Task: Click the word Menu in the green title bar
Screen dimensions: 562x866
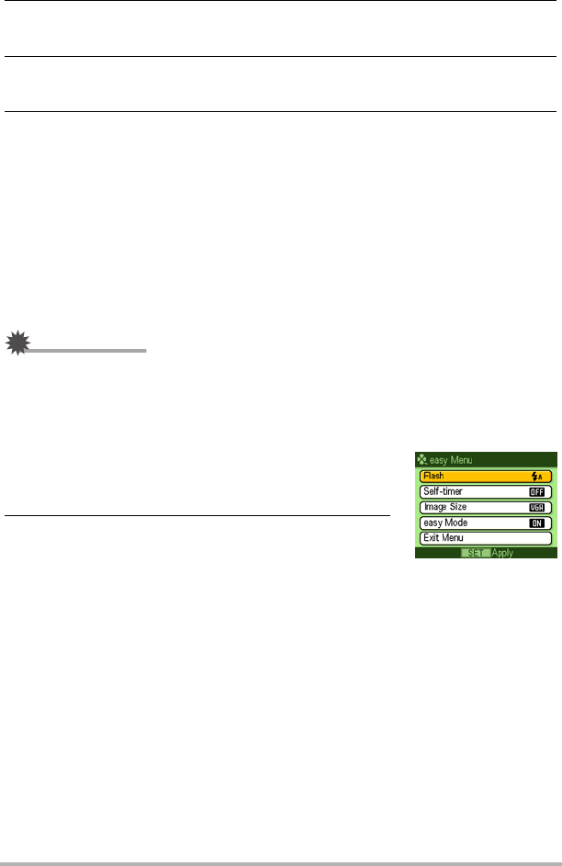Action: coord(459,460)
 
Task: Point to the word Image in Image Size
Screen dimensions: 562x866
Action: coord(434,506)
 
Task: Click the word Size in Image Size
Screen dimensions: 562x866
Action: coord(458,506)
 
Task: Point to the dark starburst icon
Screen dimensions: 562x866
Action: coord(16,344)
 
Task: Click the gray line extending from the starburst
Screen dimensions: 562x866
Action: coord(87,351)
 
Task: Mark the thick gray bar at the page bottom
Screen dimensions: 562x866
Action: coord(281,862)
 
